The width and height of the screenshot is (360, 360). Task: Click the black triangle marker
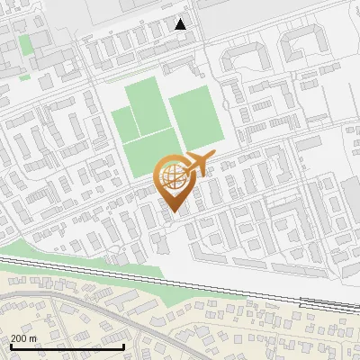181,24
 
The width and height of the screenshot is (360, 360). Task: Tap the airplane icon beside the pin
199,165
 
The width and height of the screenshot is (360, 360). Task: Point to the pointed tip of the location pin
173,212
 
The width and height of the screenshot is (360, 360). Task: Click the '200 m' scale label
24,337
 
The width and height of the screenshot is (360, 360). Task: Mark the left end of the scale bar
10,346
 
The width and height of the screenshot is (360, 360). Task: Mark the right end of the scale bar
123,346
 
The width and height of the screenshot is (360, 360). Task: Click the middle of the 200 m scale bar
67,346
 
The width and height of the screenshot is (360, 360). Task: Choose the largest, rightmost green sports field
195,118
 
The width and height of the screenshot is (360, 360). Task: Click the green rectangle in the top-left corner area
26,42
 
